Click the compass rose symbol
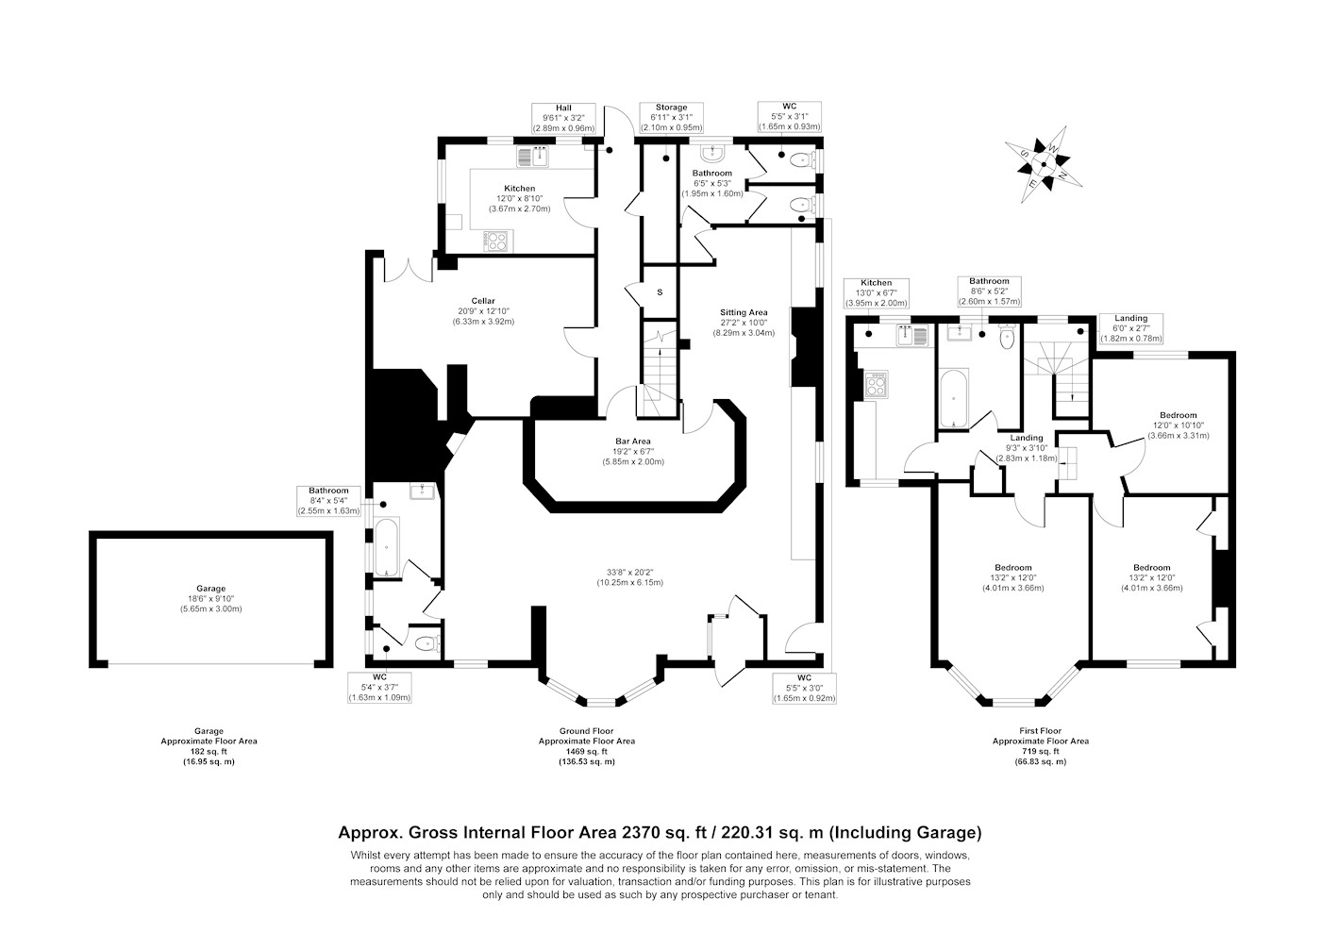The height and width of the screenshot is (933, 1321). tap(1044, 164)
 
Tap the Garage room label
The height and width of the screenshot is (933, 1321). tap(211, 588)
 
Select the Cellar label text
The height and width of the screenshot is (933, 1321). tap(483, 301)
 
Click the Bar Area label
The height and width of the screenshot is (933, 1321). tap(633, 442)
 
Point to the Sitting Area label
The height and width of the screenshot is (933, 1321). tap(744, 312)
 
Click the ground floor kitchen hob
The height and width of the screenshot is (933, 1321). tap(496, 241)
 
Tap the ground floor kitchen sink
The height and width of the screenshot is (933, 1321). tap(533, 157)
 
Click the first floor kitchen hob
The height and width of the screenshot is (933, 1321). tap(877, 385)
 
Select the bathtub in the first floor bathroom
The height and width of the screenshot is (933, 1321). tap(953, 399)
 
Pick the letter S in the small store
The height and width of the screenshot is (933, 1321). tap(660, 292)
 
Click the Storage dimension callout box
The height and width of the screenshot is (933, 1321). tap(671, 117)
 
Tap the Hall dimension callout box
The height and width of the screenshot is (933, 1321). tap(564, 118)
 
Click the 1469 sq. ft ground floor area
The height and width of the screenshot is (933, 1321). tap(587, 751)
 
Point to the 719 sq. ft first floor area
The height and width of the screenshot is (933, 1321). tap(1041, 751)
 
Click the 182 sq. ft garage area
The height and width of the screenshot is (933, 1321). tap(209, 751)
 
